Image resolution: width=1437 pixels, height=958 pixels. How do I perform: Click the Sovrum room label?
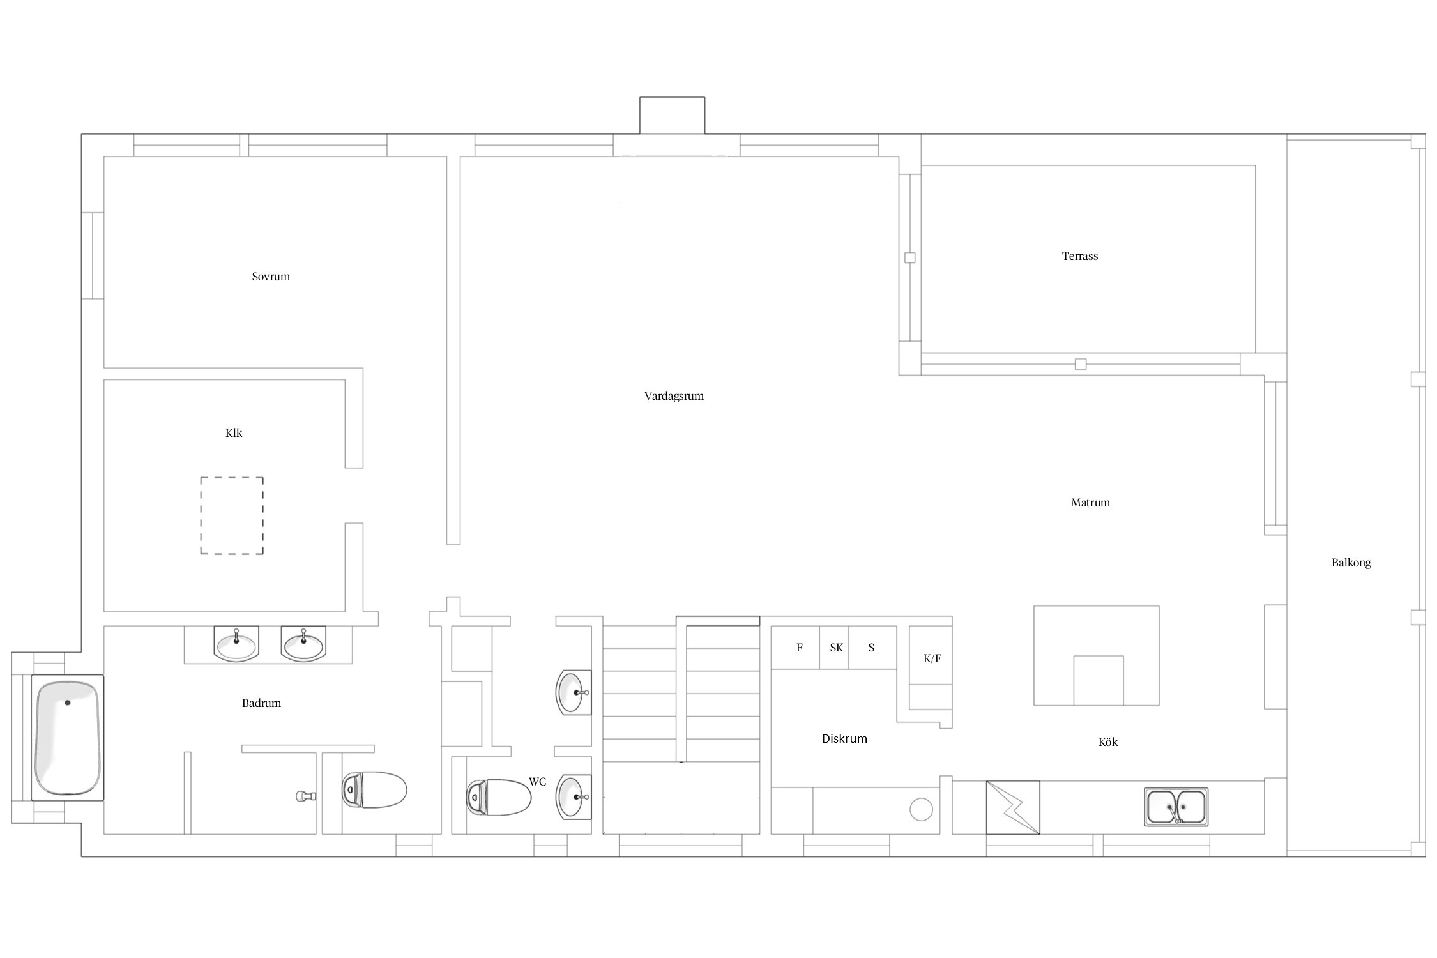[x=271, y=277]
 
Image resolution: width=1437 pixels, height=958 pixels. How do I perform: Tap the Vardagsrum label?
[x=674, y=396]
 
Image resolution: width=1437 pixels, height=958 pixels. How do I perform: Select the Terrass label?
[x=1080, y=256]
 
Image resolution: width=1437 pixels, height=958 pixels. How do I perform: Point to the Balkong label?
[x=1351, y=563]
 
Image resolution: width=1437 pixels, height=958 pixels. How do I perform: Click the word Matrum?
[x=1090, y=503]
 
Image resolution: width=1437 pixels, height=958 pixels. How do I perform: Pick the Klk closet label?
[x=234, y=433]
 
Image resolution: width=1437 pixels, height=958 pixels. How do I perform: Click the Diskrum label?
[x=844, y=739]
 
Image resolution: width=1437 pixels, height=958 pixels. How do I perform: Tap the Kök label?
[x=1108, y=742]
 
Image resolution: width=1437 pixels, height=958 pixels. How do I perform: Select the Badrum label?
[x=261, y=703]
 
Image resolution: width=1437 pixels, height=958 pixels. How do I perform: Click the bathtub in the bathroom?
[x=68, y=738]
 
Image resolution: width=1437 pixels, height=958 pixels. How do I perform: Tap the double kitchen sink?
[x=1176, y=807]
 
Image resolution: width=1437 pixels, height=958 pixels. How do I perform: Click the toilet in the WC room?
[x=499, y=797]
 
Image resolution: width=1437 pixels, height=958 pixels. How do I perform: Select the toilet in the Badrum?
[x=374, y=790]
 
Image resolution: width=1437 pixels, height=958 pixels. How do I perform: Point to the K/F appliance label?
[x=932, y=658]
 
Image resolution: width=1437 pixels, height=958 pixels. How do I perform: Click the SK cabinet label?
[x=836, y=648]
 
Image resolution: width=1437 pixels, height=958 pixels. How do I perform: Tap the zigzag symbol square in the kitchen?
[x=1013, y=807]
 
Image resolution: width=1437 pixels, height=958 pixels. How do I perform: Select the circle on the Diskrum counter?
[x=921, y=809]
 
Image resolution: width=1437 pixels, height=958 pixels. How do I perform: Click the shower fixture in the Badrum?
[x=307, y=796]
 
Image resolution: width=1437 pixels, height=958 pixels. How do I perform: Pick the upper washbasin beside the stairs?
[x=574, y=692]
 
